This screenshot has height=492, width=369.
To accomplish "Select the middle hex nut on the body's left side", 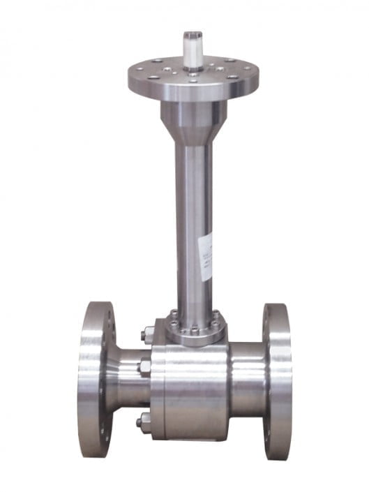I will (145, 366).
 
